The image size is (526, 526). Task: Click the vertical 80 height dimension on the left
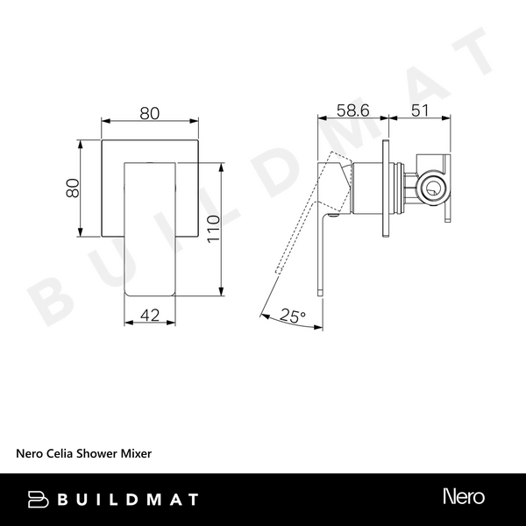tap(74, 188)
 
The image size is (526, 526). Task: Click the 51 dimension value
tap(419, 112)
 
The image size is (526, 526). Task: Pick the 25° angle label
tap(292, 316)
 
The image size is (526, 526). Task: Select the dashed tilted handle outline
tap(298, 228)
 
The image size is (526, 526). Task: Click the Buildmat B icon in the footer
tap(38, 499)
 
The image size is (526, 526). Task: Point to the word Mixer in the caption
tap(137, 454)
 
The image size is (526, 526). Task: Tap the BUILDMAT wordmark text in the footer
tap(126, 499)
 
